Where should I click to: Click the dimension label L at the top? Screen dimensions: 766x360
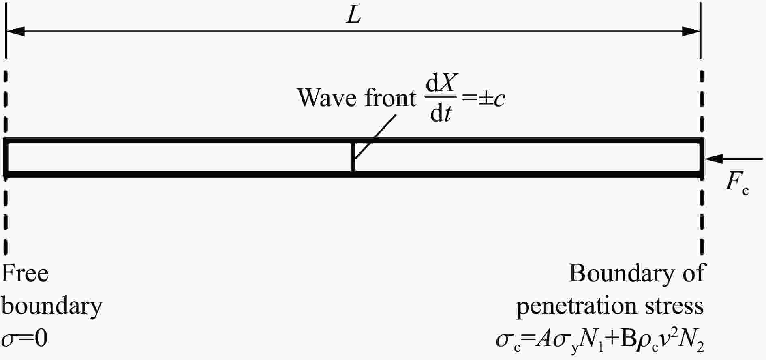pos(354,16)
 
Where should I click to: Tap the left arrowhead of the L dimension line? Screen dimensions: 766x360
pos(15,31)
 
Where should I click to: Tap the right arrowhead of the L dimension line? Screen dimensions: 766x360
pos(691,31)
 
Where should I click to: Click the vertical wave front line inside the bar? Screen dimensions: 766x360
pos(353,157)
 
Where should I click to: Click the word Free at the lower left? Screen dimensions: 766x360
pos(25,273)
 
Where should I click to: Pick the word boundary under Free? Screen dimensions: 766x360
pos(52,306)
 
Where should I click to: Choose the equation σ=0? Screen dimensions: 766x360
pos(25,339)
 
